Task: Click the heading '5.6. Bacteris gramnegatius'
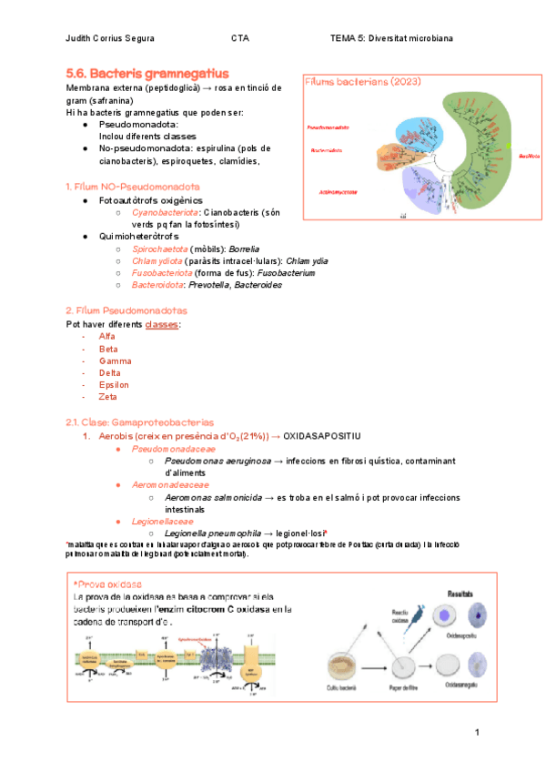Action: (147, 72)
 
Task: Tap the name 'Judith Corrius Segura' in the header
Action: (111, 38)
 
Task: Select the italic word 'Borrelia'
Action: (245, 249)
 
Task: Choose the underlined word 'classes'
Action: (162, 325)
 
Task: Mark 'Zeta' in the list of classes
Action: (108, 396)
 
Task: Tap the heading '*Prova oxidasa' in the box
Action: (107, 582)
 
